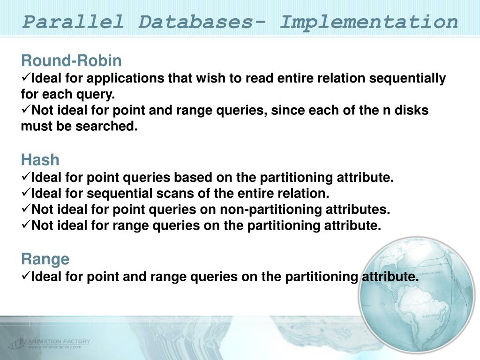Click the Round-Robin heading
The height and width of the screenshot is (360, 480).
coord(71,61)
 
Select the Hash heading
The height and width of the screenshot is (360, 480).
coord(40,160)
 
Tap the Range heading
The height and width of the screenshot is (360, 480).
coord(45,259)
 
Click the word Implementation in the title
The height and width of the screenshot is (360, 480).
coord(369,22)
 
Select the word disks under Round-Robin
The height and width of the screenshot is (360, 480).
coord(412,111)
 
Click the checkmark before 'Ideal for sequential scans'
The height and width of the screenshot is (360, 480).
coord(26,193)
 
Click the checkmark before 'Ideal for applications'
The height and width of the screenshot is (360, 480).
coord(26,78)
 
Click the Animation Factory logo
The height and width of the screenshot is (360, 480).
coord(49,343)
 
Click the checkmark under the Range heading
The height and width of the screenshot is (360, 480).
coord(26,276)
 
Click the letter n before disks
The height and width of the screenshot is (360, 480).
coord(388,111)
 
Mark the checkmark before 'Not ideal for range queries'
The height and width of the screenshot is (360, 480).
coord(26,225)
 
